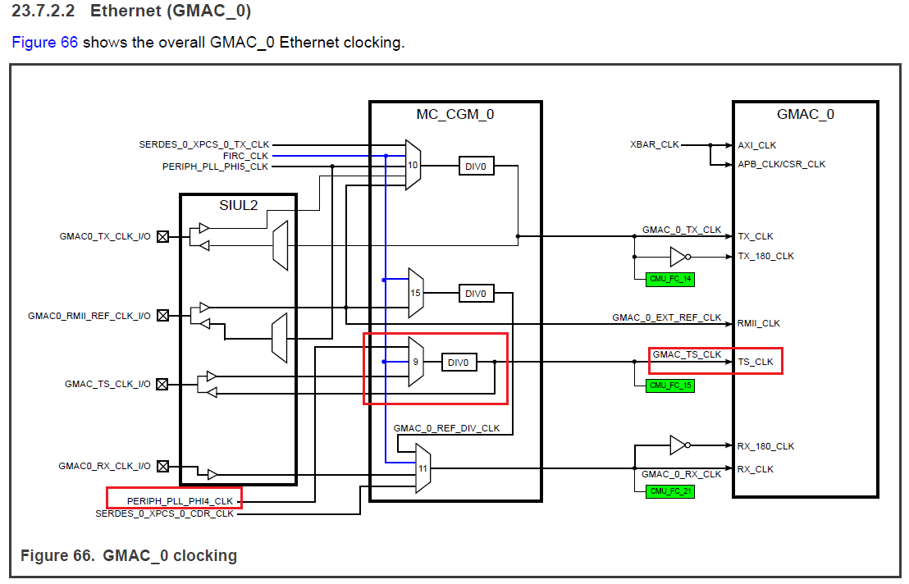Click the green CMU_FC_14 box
pyautogui.click(x=670, y=280)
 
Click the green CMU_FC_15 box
pyautogui.click(x=670, y=385)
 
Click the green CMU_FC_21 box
pyautogui.click(x=670, y=490)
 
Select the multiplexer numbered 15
pyautogui.click(x=415, y=293)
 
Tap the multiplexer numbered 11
pyautogui.click(x=423, y=469)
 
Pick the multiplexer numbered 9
pyautogui.click(x=416, y=362)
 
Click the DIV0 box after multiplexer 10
pyautogui.click(x=476, y=166)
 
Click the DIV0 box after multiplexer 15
pyautogui.click(x=476, y=293)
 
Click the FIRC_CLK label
pyautogui.click(x=245, y=155)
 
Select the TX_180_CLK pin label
pyautogui.click(x=766, y=256)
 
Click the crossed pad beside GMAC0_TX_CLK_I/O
pyautogui.click(x=162, y=236)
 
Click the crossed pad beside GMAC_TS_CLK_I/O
pyautogui.click(x=162, y=384)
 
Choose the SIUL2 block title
pyautogui.click(x=238, y=205)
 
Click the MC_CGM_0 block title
pyautogui.click(x=455, y=114)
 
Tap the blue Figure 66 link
pyautogui.click(x=44, y=42)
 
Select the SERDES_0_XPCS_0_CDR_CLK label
pyautogui.click(x=164, y=513)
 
